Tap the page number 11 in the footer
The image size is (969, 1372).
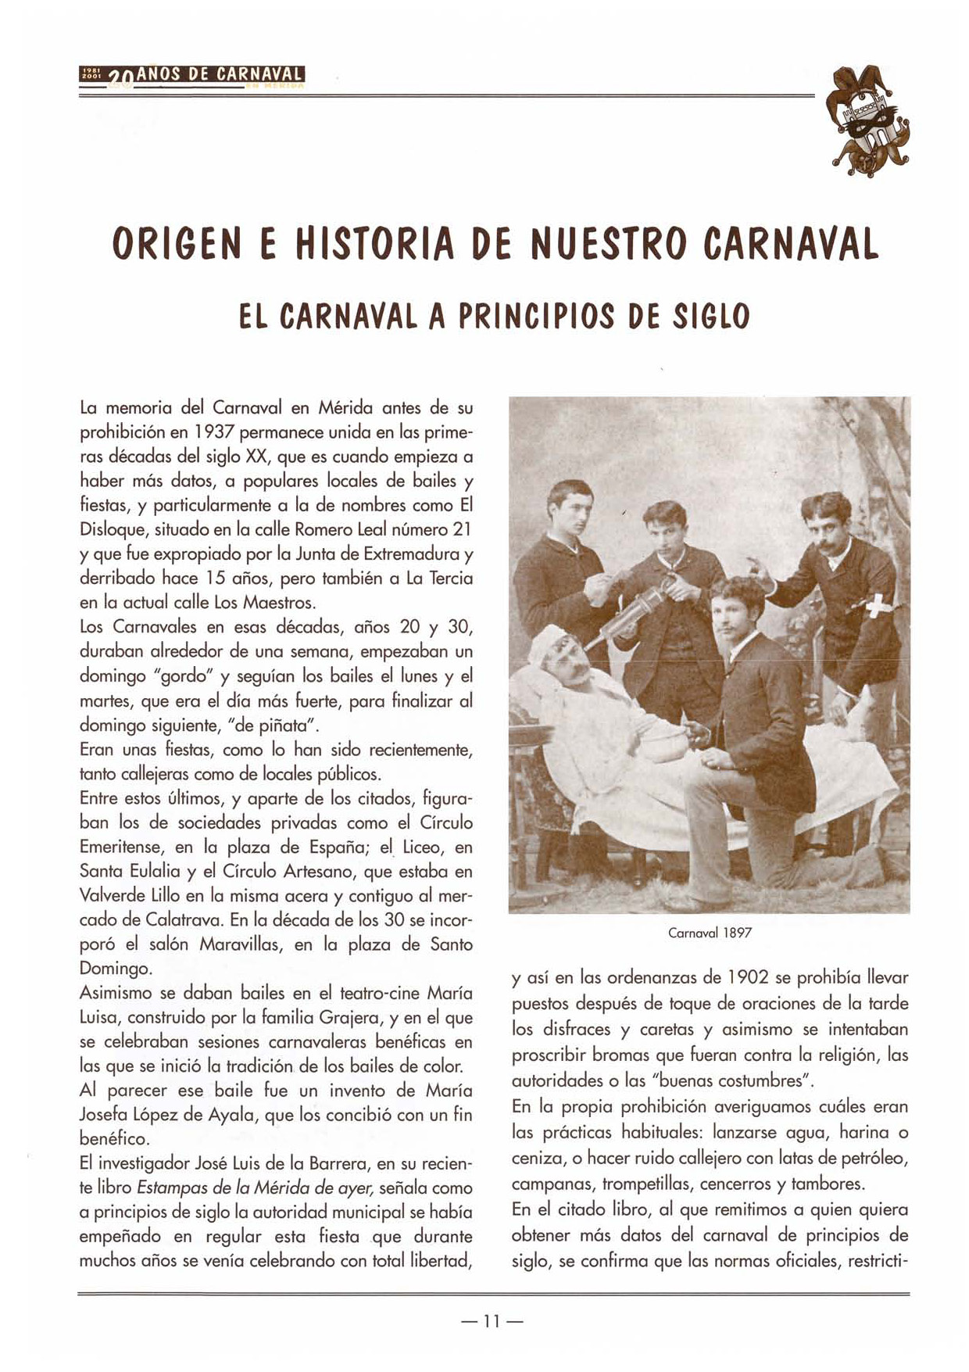(492, 1321)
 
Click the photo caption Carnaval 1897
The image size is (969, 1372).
(710, 933)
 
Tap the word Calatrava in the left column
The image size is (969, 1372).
(184, 919)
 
